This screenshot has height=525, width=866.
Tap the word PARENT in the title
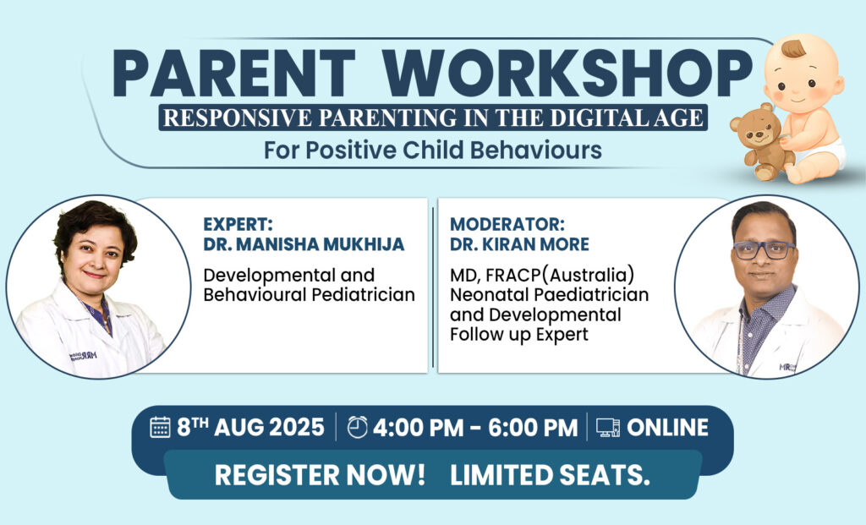click(x=233, y=74)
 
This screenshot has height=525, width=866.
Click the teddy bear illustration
click(x=760, y=141)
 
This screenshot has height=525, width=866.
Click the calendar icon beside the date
click(x=160, y=427)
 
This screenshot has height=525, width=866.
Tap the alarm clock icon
click(x=358, y=427)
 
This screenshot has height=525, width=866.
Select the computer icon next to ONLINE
click(x=608, y=428)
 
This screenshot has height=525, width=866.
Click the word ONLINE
click(x=668, y=428)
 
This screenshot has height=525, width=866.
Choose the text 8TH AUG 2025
click(x=250, y=427)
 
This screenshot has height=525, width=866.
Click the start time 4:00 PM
click(x=418, y=428)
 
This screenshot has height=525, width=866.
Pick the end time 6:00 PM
click(x=533, y=428)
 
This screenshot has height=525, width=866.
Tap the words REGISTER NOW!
click(x=320, y=475)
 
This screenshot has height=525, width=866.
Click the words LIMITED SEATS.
click(x=550, y=475)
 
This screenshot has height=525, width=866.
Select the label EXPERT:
click(x=238, y=224)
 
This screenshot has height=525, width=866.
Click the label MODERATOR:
click(x=507, y=224)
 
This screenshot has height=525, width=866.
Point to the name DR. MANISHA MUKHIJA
click(x=304, y=244)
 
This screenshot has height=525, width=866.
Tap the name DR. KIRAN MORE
click(x=520, y=244)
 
